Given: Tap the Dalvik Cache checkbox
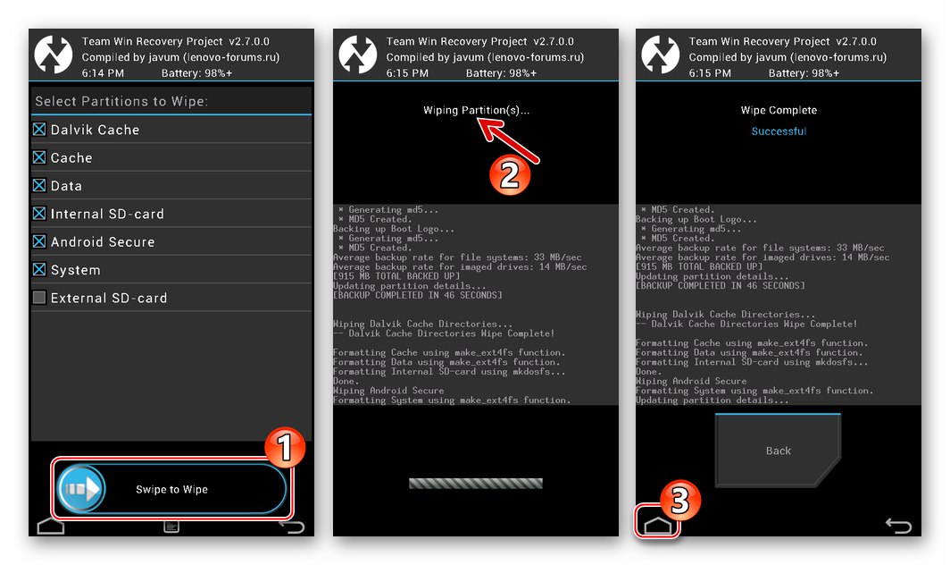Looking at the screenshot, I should [x=39, y=130].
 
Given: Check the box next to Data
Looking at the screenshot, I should [x=39, y=186].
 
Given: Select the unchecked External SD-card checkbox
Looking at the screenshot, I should [x=39, y=298].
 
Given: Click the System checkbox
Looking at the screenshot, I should [x=39, y=270].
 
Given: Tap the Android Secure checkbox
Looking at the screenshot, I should [x=39, y=242].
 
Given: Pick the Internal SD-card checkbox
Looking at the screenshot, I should [x=39, y=214].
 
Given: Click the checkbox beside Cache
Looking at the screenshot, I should [x=39, y=157].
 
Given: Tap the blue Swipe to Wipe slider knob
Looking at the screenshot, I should [x=82, y=489].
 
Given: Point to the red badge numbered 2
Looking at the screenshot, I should [x=508, y=173].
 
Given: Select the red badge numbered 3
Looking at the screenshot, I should [x=679, y=502].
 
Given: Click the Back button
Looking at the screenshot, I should [x=778, y=451].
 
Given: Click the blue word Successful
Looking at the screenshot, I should [x=778, y=131].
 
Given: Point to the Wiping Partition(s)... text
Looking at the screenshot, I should [x=476, y=111].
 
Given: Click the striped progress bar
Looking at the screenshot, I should [x=475, y=484].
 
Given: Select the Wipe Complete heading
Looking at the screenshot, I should [x=779, y=111].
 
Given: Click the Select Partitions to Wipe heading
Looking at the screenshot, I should [x=121, y=101].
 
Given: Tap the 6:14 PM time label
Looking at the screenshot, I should [x=103, y=72].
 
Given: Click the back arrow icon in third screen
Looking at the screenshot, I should [x=898, y=525].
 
